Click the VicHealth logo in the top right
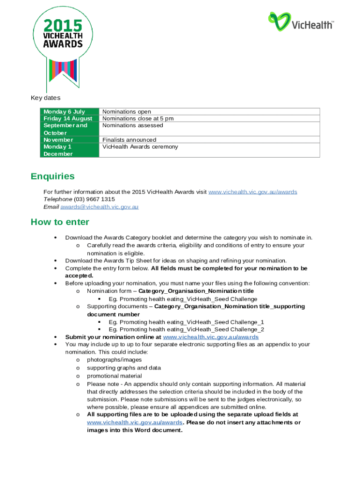coord(301,22)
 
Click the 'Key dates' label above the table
coord(45,98)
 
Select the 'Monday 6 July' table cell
coord(64,111)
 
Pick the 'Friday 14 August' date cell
coord(68,118)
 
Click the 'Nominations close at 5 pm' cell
coord(138,118)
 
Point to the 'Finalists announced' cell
coord(129,139)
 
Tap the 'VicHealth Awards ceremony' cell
coord(140,146)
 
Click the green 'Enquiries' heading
coord(52,176)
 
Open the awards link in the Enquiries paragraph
coord(252,192)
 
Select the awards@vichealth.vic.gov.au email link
coord(99,206)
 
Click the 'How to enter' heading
coord(60,222)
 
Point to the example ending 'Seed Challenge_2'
coord(187,329)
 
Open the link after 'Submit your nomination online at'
coord(210,337)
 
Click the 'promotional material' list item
coord(115,376)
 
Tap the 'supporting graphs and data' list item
coord(124,368)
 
